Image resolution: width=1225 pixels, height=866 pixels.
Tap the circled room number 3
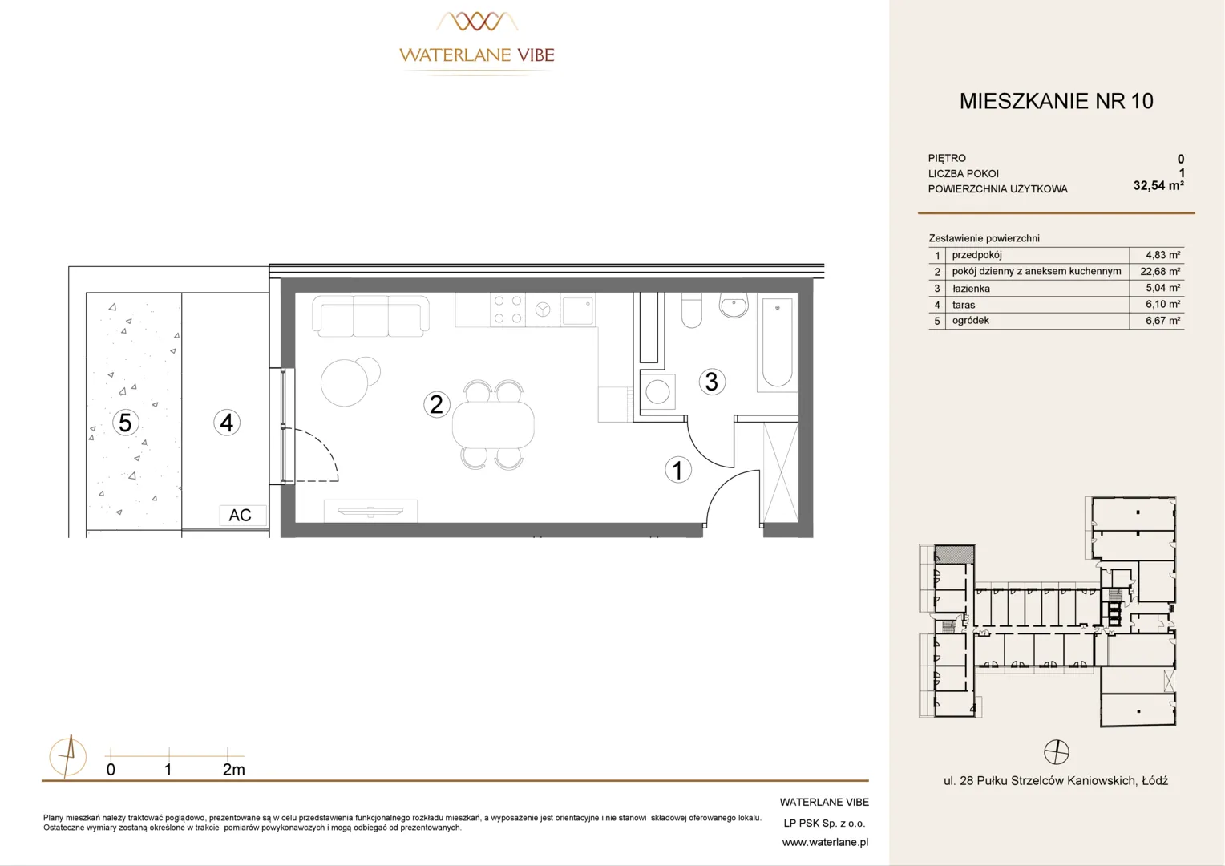712,382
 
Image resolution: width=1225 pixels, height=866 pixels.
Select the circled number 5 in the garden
125,423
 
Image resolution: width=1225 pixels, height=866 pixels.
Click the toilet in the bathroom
692,311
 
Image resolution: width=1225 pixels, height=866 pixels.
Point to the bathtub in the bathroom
777,342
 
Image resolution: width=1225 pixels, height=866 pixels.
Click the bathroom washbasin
734,306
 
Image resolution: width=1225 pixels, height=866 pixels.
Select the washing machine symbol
657,391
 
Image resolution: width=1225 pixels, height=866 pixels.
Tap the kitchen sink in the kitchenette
577,310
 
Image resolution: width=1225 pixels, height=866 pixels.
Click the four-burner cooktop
507,310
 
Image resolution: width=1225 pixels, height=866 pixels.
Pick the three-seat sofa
370,316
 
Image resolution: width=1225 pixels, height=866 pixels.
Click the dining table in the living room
493,425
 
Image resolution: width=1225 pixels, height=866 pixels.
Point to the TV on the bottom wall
370,512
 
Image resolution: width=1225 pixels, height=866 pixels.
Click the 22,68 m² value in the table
1160,271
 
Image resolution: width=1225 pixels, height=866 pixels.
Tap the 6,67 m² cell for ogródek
1162,321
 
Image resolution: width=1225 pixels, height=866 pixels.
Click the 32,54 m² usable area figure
1158,185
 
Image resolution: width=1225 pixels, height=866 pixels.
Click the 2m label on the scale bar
233,770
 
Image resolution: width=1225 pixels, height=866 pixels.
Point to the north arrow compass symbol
68,757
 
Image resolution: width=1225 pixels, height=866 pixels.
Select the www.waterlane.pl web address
825,843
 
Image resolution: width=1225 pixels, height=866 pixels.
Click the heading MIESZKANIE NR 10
1057,101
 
